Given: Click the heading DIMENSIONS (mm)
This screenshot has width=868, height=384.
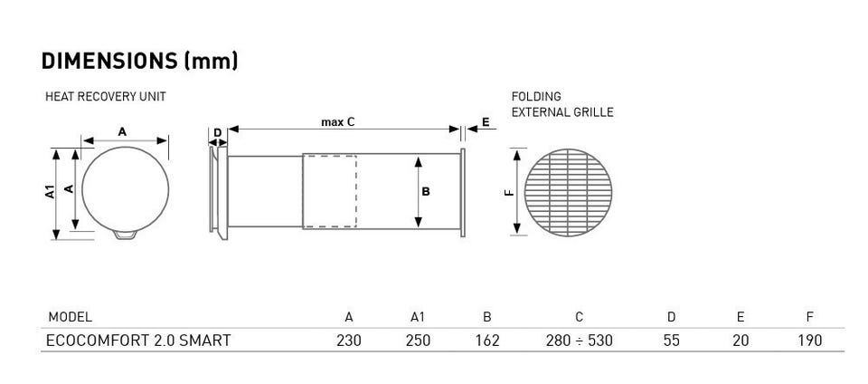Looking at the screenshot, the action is pyautogui.click(x=139, y=61).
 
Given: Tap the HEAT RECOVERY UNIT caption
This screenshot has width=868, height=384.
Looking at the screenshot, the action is pyautogui.click(x=105, y=96).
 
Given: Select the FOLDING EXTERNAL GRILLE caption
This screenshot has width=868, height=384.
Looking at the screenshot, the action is pyautogui.click(x=561, y=104).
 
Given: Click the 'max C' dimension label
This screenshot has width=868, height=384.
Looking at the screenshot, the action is pyautogui.click(x=337, y=122).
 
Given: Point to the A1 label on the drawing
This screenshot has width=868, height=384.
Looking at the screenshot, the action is pyautogui.click(x=50, y=192).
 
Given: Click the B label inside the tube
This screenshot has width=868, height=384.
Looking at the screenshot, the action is pyautogui.click(x=426, y=192).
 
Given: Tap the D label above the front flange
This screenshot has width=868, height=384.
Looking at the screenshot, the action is pyautogui.click(x=218, y=133).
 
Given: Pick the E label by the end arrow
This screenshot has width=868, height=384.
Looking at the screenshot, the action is pyautogui.click(x=486, y=122).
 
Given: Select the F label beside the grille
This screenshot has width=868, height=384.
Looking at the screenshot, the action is pyautogui.click(x=510, y=193).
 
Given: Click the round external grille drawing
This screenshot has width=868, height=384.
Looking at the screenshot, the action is pyautogui.click(x=568, y=192).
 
